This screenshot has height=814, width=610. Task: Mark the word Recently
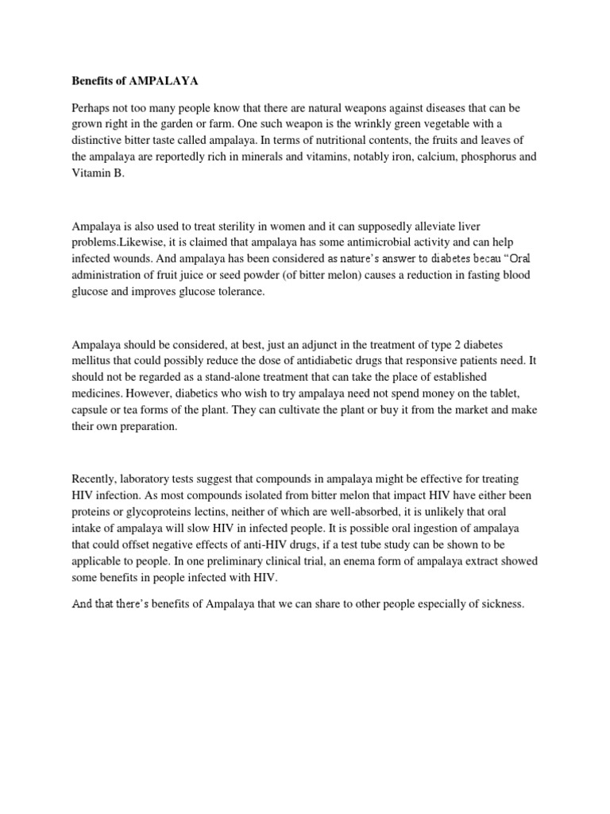[x=98, y=480]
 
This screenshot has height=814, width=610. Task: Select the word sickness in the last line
[x=501, y=605]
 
